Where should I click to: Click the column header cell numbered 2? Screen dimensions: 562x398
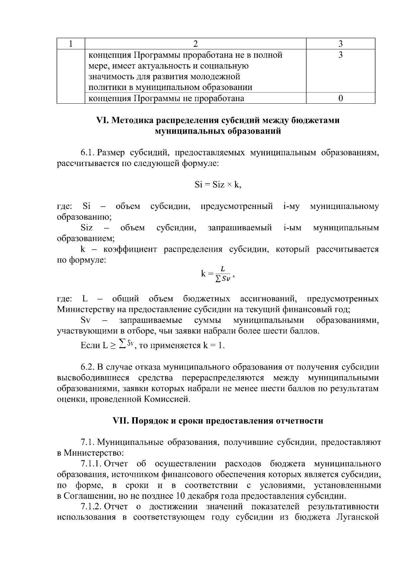click(195, 44)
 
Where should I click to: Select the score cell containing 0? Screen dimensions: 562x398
click(340, 98)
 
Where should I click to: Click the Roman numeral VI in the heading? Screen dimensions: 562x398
click(100, 121)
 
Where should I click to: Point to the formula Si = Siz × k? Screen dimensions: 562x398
click(218, 185)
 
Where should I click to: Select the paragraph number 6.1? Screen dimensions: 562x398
click(88, 153)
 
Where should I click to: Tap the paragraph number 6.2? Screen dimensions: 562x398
click(88, 367)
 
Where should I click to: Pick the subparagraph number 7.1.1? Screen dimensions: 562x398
click(91, 464)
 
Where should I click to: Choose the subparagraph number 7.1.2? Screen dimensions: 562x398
click(91, 507)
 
